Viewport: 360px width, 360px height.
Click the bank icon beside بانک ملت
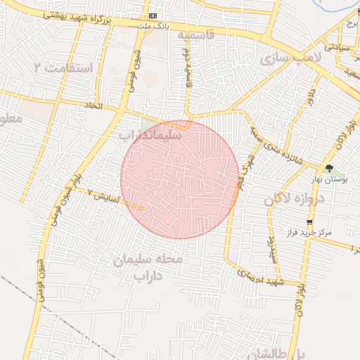tap(153, 15)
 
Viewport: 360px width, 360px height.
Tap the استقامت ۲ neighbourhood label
tap(62, 67)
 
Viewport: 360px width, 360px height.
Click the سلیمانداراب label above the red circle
tap(149, 133)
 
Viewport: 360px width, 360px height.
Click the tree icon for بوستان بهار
tap(329, 167)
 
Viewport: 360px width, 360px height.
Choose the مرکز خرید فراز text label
tap(309, 232)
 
